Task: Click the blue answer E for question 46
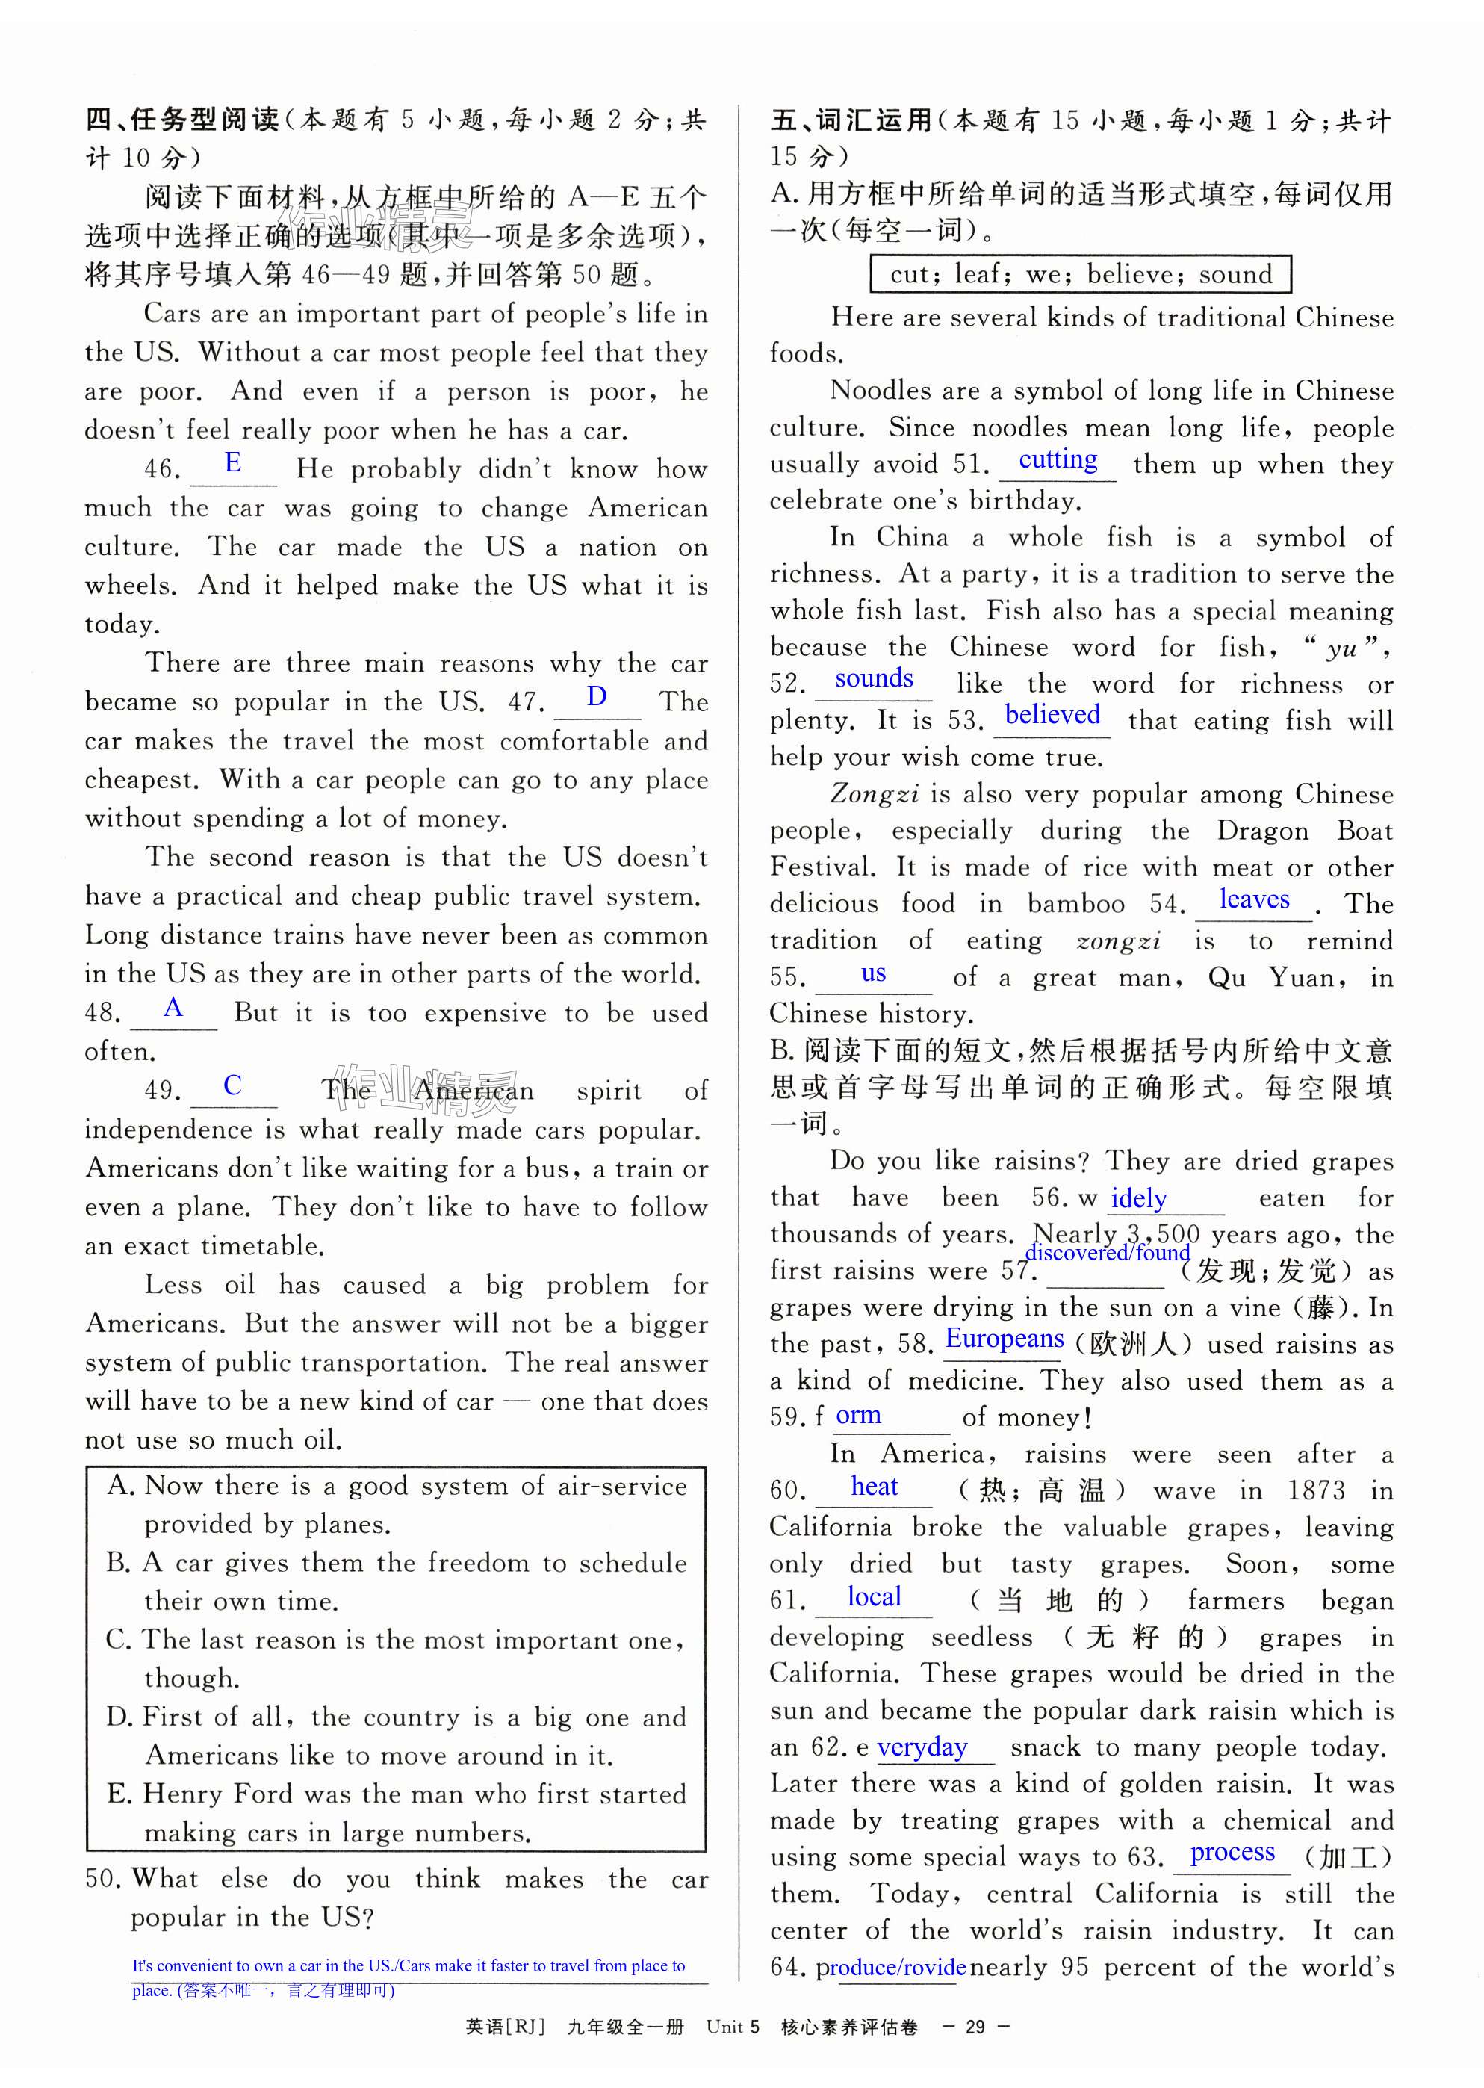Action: coord(233,463)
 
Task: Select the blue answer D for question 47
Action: coord(597,697)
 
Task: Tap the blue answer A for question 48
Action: coord(173,1008)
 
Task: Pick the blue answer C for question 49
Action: coord(233,1085)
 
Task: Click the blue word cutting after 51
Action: coord(1058,459)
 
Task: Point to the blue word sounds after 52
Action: coord(874,678)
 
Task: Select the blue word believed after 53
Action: coord(1052,715)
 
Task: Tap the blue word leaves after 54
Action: coord(1254,900)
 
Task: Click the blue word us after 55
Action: coord(874,973)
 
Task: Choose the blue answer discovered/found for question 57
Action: coord(1108,1253)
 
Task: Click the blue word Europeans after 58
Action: coord(1005,1339)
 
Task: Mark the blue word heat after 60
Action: coord(875,1487)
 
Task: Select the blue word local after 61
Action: coord(874,1596)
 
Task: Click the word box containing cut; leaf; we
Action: coord(1080,274)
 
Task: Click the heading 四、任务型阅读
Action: coord(181,120)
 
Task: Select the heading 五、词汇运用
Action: coord(851,120)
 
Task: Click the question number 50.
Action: coord(102,1879)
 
